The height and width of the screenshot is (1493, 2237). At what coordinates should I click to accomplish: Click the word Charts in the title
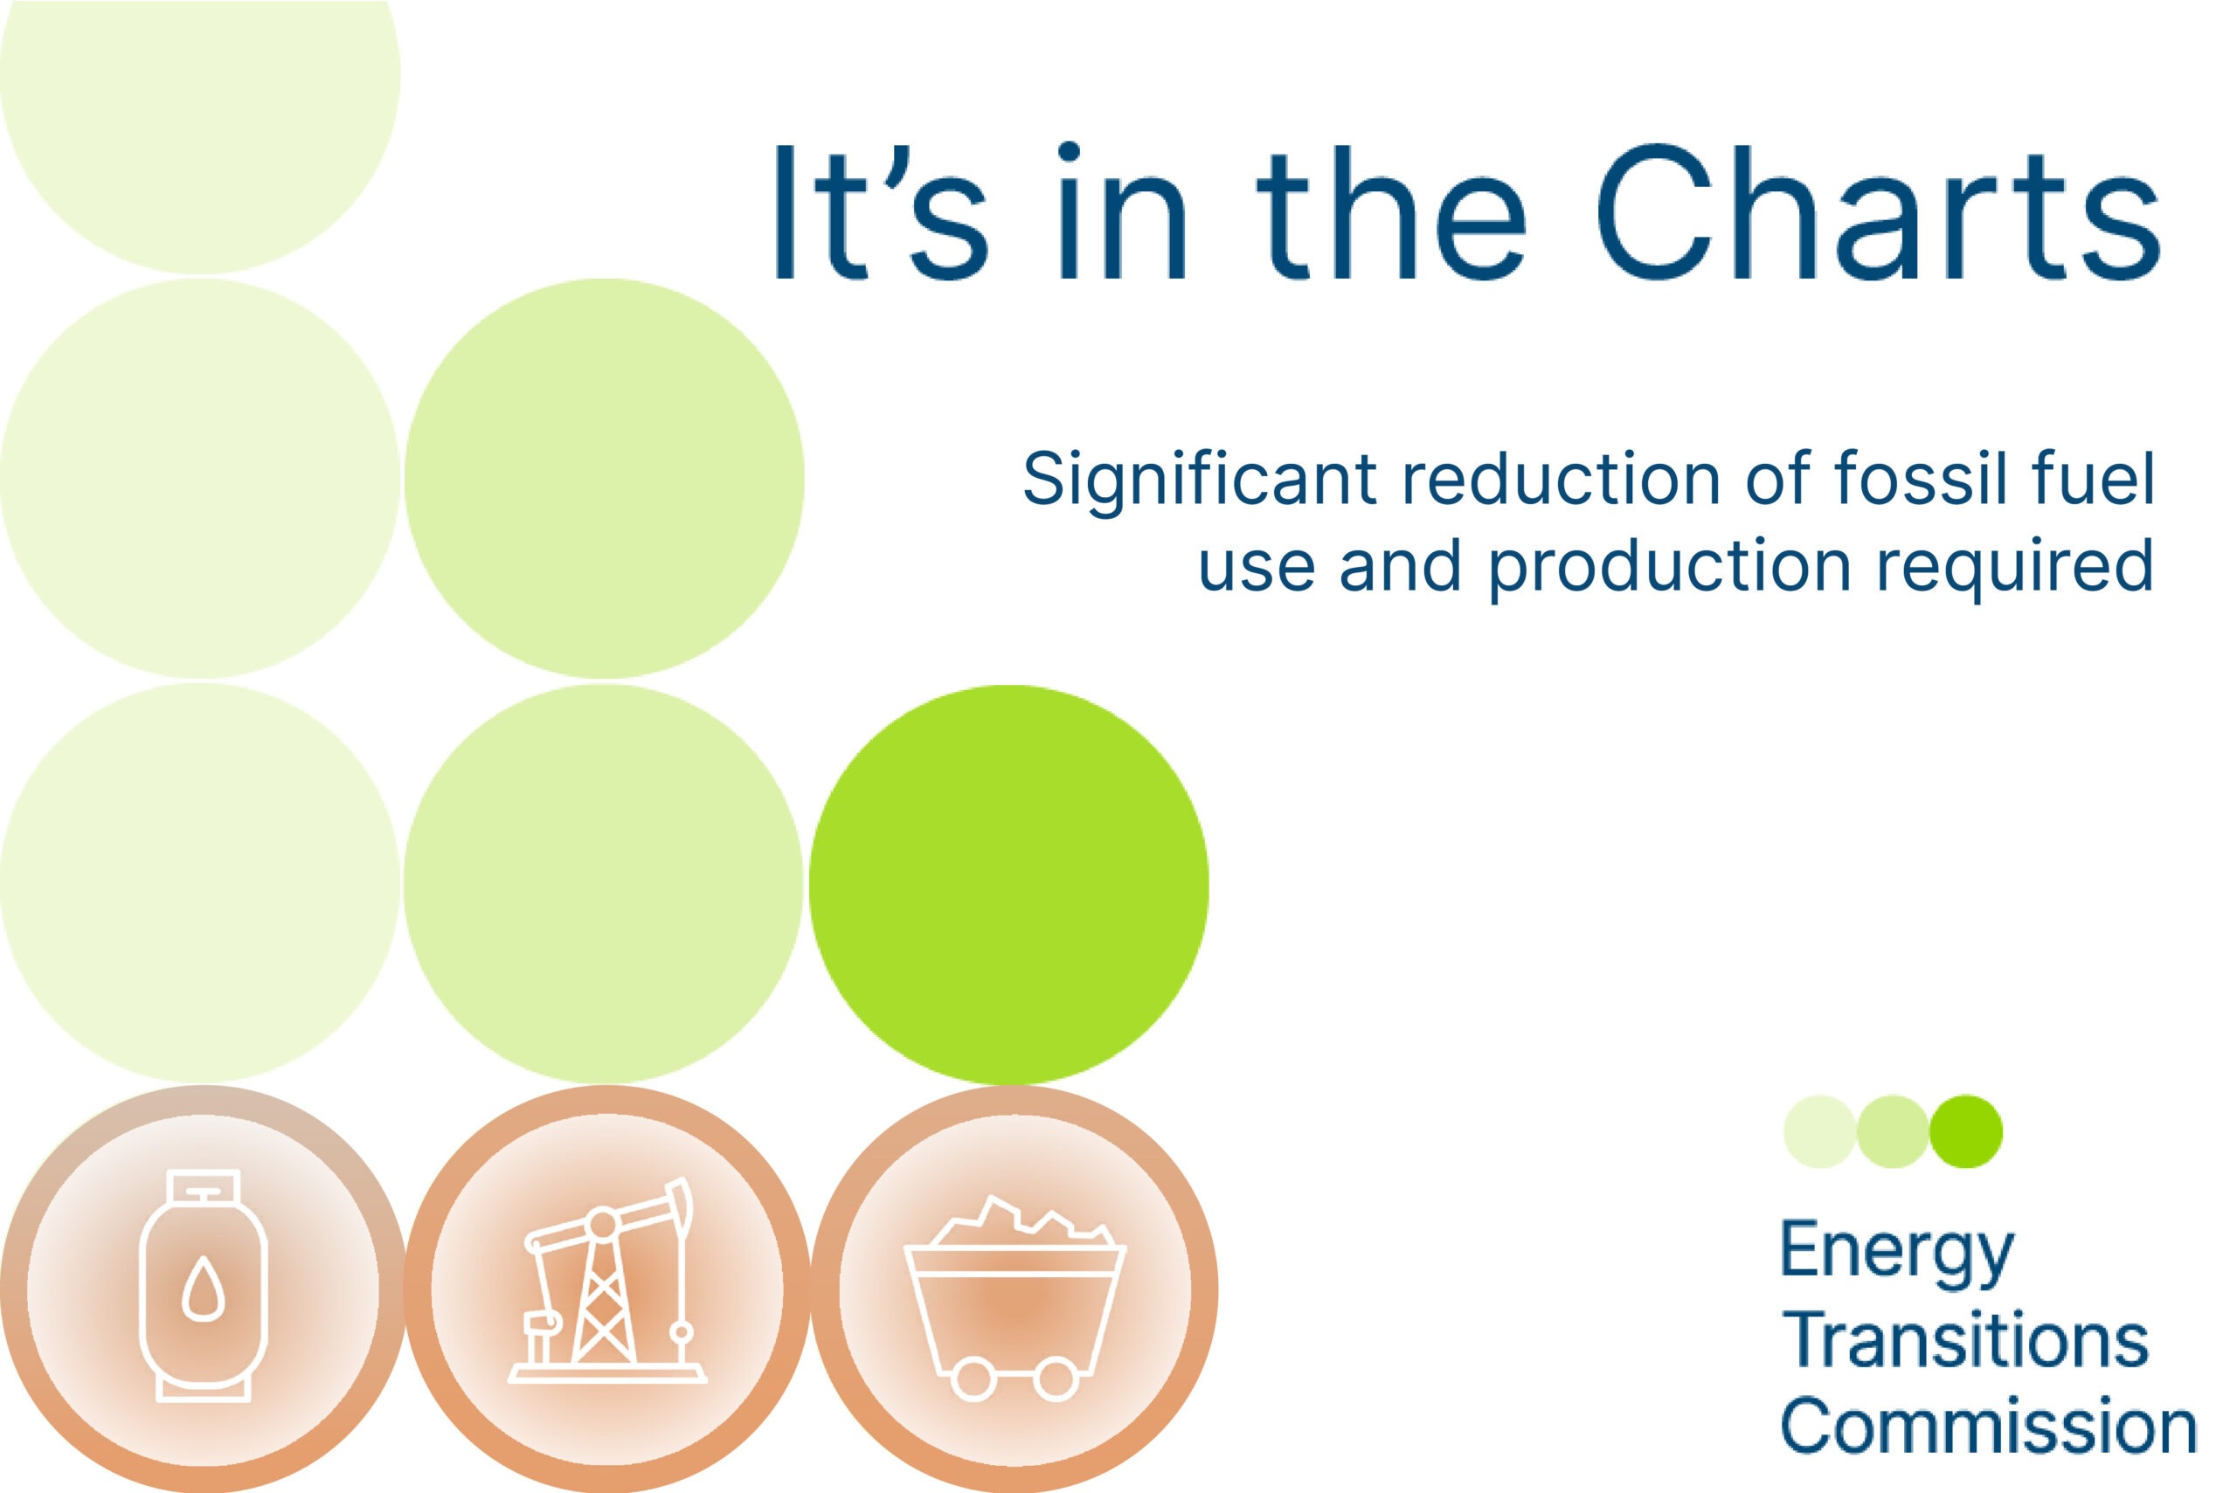point(1877,211)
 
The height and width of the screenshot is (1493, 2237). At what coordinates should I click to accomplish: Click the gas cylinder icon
point(203,1285)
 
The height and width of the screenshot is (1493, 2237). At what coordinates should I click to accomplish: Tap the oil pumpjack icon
point(606,1281)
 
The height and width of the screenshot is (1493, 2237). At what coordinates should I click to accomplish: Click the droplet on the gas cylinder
point(203,1289)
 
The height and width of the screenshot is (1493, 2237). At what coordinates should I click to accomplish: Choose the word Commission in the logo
point(1989,1426)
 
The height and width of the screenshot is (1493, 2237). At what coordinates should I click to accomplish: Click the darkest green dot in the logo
point(1965,1131)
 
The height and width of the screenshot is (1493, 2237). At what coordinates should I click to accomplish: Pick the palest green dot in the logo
point(1819,1131)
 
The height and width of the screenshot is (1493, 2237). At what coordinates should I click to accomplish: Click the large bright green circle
point(1008,885)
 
